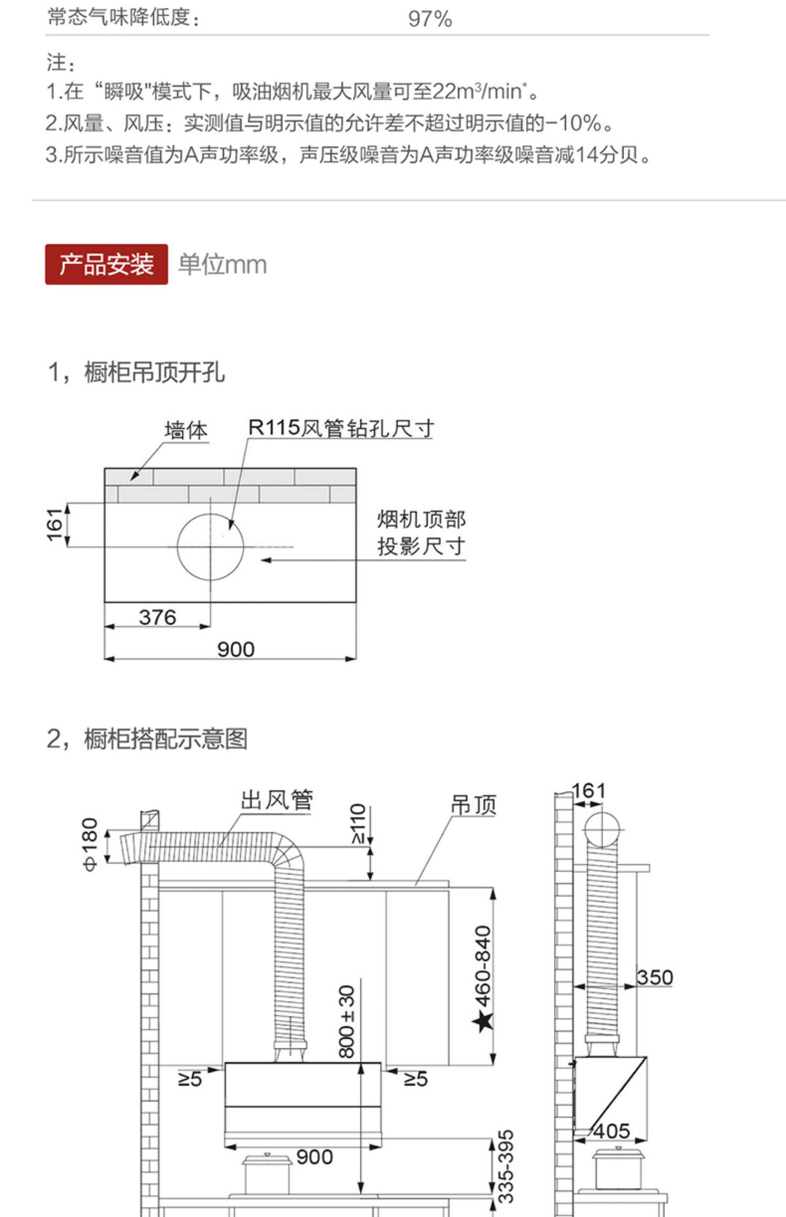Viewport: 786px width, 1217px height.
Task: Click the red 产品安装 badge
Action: pos(106,264)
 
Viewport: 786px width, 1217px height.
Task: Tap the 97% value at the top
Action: pos(430,19)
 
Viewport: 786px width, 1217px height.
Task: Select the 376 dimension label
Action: pos(157,617)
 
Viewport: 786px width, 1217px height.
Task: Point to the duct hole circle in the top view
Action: pos(210,547)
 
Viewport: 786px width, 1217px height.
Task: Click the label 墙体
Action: pos(186,431)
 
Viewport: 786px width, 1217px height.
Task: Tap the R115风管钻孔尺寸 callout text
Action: pos(341,428)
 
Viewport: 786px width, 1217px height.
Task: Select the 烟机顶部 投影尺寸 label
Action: pos(421,533)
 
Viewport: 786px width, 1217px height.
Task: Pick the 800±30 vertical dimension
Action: pos(347,1022)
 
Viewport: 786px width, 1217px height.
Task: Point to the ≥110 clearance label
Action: pos(358,823)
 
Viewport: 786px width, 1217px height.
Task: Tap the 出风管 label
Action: pos(277,800)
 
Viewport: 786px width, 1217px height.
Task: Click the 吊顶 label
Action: pos(473,805)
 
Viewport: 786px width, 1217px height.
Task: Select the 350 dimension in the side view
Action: pos(654,977)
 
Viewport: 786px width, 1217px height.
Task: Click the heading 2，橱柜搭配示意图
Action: pos(147,739)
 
